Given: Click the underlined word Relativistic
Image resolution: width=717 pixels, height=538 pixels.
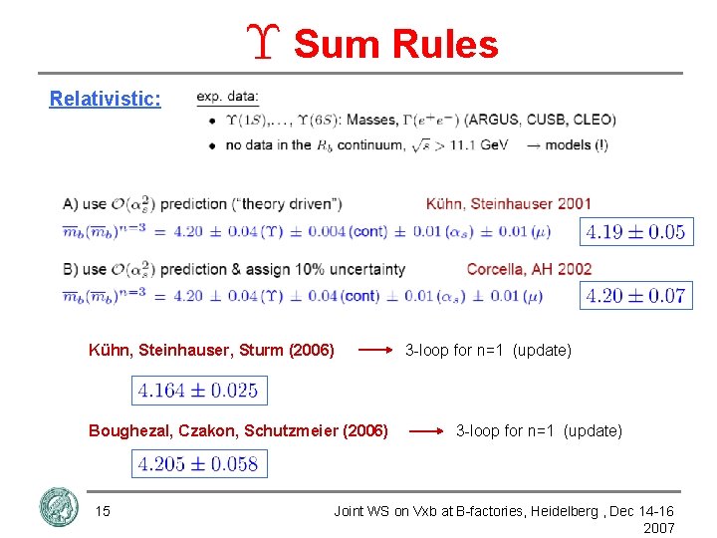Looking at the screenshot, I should click(x=106, y=99).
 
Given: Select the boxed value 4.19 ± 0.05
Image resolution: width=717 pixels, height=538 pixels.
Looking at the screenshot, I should click(x=635, y=232).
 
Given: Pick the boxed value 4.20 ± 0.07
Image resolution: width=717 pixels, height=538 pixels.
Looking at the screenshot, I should click(x=635, y=295).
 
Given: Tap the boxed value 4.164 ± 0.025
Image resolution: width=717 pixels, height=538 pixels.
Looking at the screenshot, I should click(x=198, y=391).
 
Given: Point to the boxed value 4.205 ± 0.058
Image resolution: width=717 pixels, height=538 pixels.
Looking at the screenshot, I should click(x=198, y=463).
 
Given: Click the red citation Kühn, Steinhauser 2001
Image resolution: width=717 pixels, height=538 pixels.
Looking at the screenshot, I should click(x=508, y=204).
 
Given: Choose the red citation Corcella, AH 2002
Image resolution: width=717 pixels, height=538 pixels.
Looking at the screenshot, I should click(x=529, y=269).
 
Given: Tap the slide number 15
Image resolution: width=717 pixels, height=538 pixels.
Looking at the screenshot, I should click(x=102, y=511).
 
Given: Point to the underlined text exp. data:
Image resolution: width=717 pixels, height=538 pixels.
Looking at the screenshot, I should click(x=227, y=97).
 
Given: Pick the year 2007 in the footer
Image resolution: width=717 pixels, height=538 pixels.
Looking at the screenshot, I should click(x=658, y=528).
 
